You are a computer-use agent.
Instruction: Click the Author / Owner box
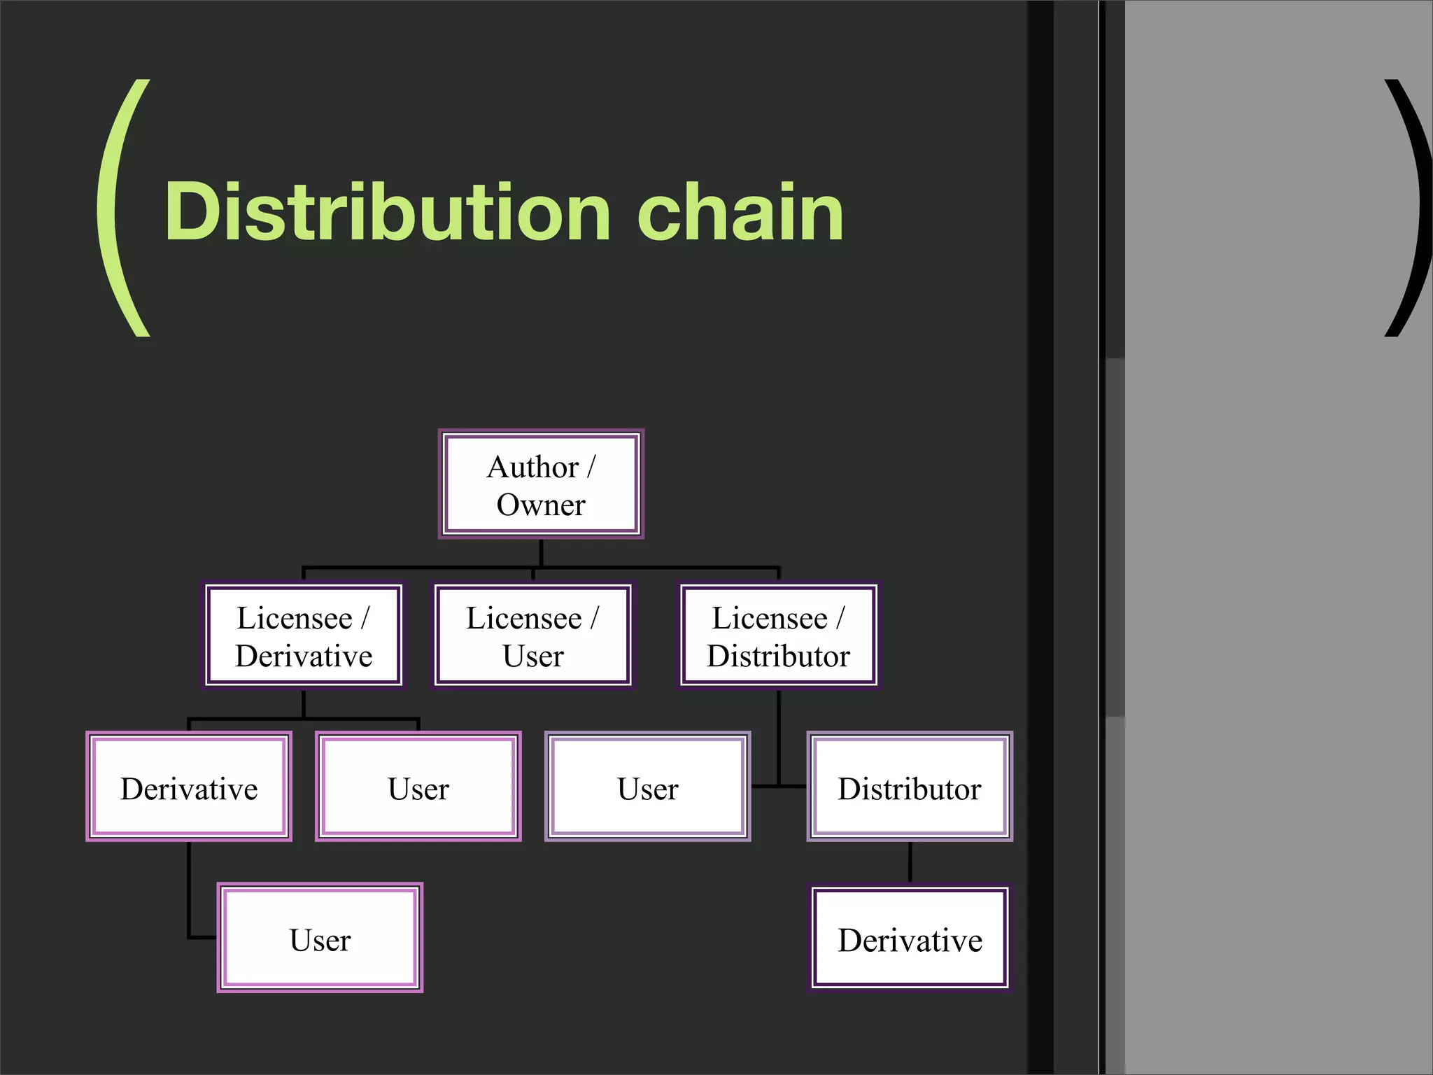541,484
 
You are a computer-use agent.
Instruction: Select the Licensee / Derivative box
304,635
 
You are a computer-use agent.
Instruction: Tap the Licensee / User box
533,635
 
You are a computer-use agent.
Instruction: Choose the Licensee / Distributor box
779,635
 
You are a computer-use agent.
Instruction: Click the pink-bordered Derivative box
189,787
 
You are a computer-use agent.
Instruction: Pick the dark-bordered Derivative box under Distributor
910,938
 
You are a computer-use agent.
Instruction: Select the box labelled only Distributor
910,787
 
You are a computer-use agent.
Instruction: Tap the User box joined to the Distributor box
647,787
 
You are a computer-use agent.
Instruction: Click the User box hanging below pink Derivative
320,938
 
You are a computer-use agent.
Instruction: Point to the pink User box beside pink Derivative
418,787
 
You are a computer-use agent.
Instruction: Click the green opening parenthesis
122,208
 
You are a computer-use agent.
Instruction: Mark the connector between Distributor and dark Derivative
910,862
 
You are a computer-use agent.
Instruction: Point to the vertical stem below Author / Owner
541,552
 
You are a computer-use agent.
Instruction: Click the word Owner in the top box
541,505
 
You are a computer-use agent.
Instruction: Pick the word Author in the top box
532,467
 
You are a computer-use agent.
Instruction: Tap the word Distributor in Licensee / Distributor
779,656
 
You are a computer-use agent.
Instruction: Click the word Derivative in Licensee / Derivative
304,656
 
